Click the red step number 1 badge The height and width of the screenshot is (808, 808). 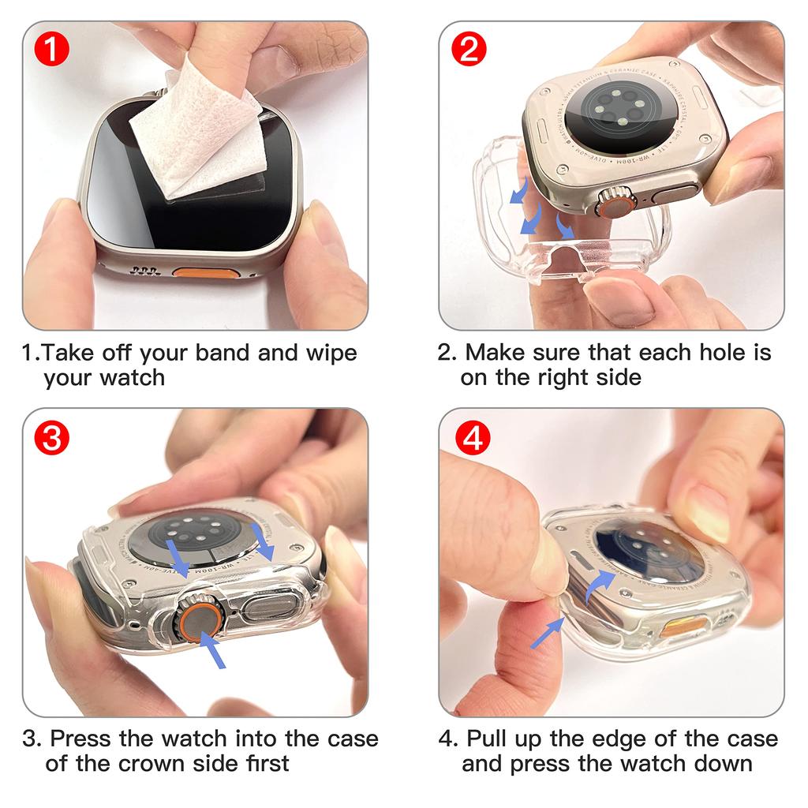tap(52, 50)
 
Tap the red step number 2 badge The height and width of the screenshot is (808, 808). tap(469, 50)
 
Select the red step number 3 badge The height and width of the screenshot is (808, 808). tap(52, 439)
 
